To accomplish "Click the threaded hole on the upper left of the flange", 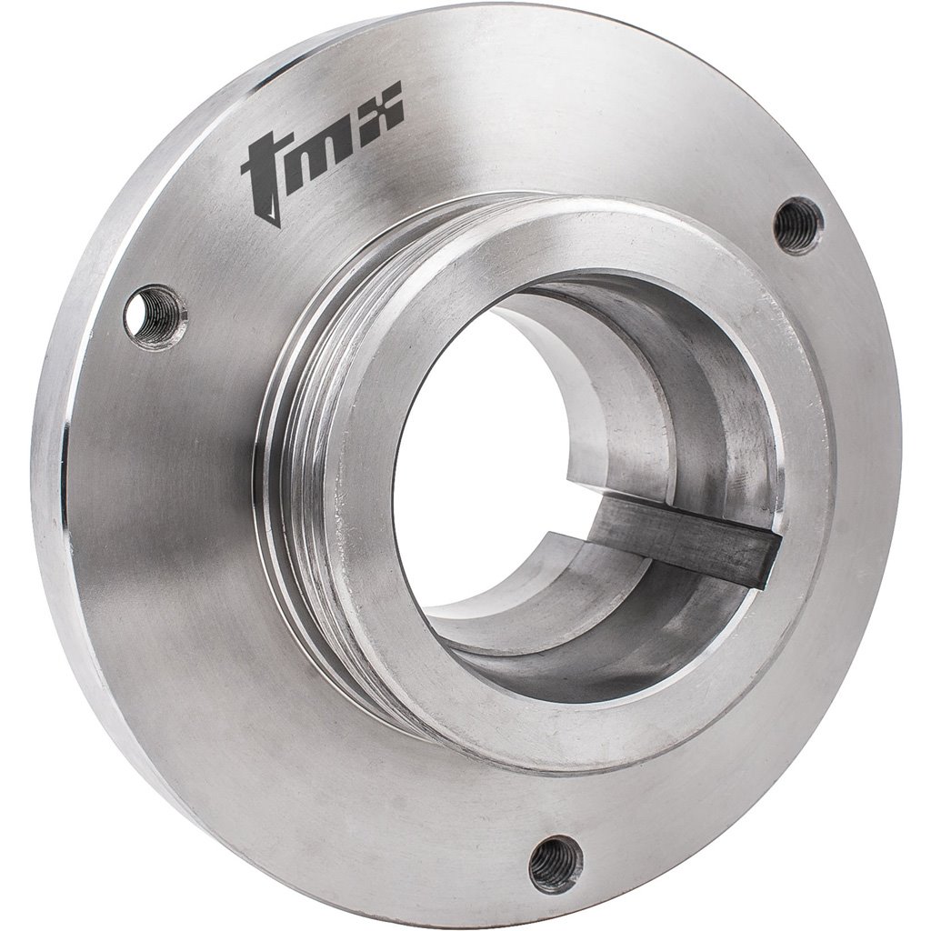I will [x=154, y=315].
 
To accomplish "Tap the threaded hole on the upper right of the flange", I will [x=797, y=225].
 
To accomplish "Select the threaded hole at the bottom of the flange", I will [x=555, y=864].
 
